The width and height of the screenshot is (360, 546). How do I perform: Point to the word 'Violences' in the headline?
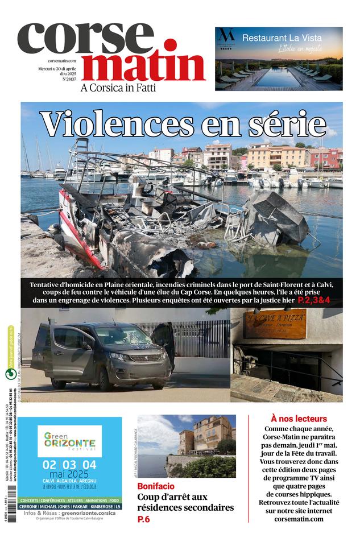113,123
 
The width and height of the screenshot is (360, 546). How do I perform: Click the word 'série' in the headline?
289,123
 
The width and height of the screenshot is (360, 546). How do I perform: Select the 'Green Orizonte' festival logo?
69,440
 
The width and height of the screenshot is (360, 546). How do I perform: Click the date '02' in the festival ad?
49,465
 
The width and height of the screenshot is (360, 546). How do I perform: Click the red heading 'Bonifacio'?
156,487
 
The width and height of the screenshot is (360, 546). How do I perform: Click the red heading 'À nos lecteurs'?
299,419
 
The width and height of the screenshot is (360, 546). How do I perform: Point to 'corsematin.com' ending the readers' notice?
298,519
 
